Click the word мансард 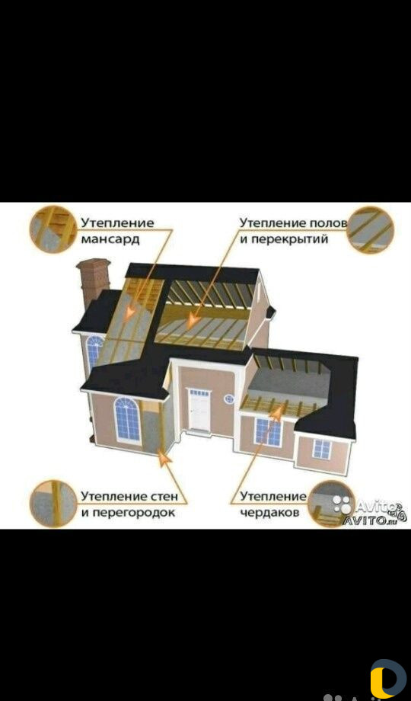click(x=110, y=239)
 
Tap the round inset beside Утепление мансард click(x=53, y=229)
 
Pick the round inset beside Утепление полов click(x=371, y=230)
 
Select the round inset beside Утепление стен click(x=53, y=504)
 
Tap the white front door click(x=199, y=409)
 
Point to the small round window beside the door click(x=230, y=398)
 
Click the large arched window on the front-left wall click(x=127, y=419)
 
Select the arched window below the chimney click(x=94, y=352)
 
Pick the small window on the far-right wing click(x=322, y=449)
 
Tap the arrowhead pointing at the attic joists click(x=277, y=415)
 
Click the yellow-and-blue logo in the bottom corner click(x=388, y=680)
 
